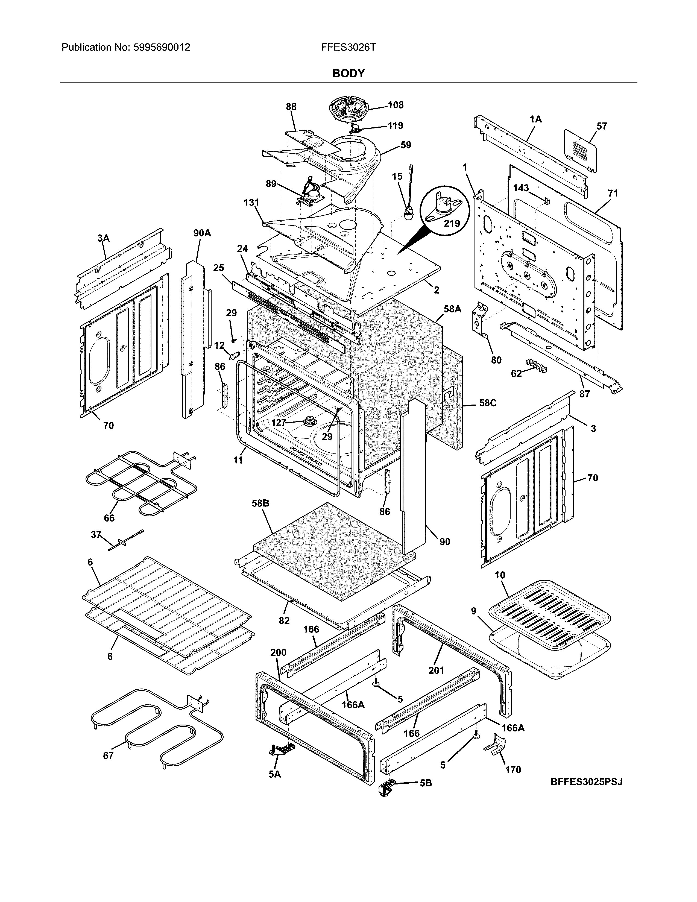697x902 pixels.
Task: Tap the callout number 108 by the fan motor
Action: click(x=395, y=105)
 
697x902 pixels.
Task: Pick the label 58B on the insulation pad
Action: click(x=260, y=503)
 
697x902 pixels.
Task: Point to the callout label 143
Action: click(x=521, y=188)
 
